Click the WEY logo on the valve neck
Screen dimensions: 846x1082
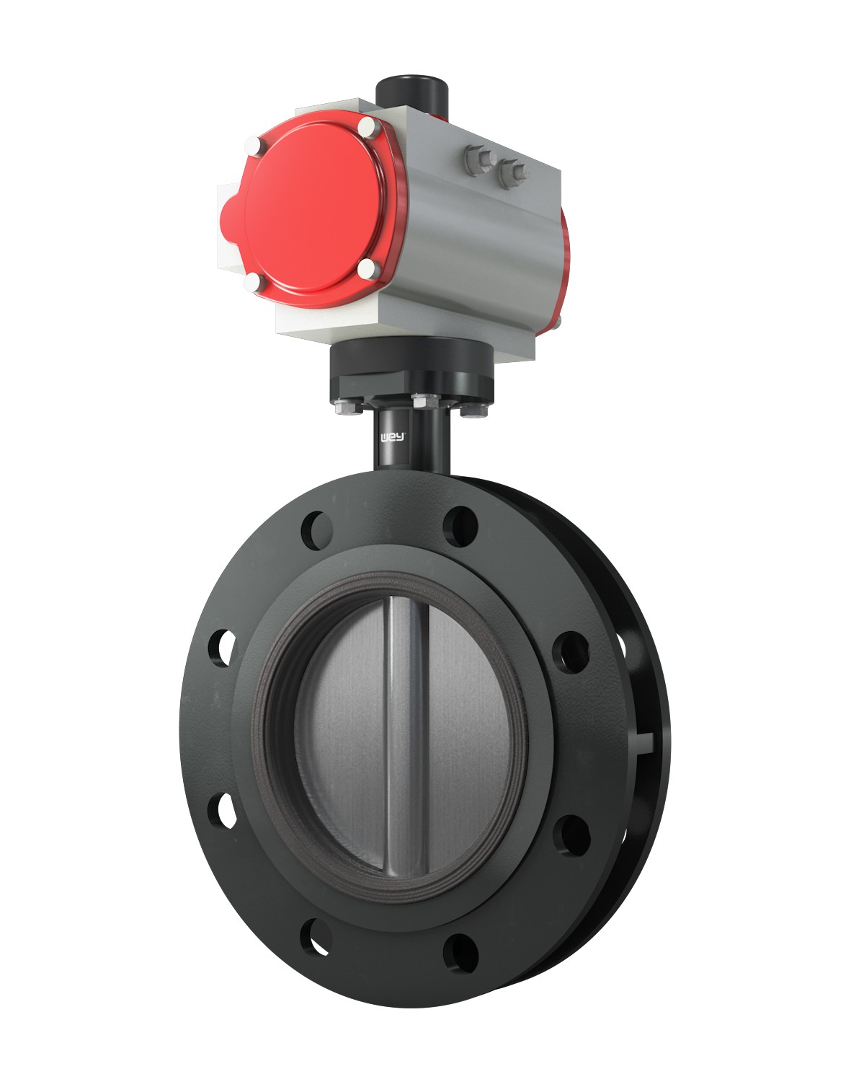[393, 438]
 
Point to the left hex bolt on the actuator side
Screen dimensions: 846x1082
[480, 160]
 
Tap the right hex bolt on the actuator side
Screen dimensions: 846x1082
[513, 173]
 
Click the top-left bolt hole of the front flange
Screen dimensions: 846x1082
[317, 530]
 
